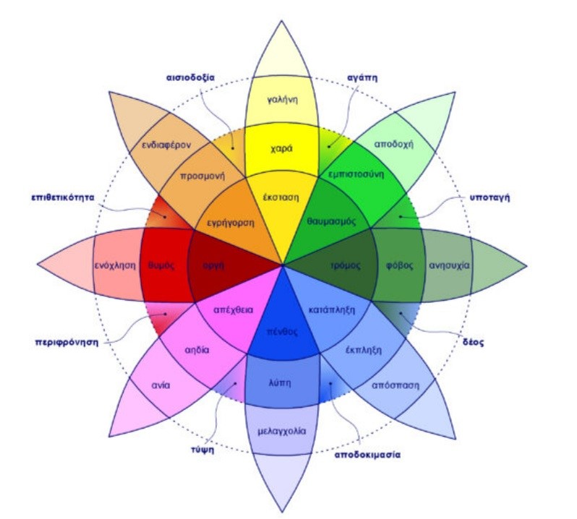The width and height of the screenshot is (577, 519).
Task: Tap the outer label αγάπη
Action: [x=362, y=78]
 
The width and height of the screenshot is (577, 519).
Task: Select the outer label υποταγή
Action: [x=485, y=197]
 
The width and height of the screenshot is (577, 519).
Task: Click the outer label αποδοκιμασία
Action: [x=367, y=455]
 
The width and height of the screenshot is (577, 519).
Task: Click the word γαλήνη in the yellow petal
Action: [x=283, y=100]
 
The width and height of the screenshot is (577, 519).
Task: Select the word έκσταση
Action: [x=281, y=197]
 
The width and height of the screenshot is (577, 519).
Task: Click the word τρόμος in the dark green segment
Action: [x=345, y=265]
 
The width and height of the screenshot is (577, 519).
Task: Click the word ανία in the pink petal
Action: [x=161, y=385]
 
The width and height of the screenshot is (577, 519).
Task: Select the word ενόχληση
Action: [x=116, y=265]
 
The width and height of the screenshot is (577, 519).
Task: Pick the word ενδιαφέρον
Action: [x=166, y=145]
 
